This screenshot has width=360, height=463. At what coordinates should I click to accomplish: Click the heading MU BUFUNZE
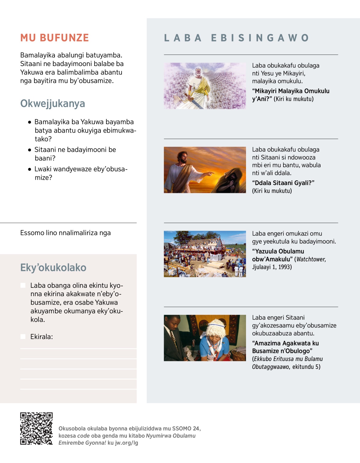point(55,38)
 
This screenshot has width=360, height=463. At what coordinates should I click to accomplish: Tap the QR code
point(36,428)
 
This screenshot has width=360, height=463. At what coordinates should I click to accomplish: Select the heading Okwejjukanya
point(52,104)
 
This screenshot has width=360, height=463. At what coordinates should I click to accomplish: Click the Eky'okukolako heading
point(53,267)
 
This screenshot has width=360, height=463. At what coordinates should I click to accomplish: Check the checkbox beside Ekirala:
point(23,337)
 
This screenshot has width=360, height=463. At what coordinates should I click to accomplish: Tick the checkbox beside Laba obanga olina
point(23,285)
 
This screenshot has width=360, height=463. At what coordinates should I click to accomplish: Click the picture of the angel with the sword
point(205,86)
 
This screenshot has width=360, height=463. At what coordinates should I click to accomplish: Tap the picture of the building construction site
point(205,254)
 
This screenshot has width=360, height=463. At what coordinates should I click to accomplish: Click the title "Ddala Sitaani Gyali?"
point(283,183)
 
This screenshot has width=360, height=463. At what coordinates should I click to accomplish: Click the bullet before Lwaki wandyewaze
point(29,169)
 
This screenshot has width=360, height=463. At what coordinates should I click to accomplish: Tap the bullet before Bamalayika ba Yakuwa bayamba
point(29,122)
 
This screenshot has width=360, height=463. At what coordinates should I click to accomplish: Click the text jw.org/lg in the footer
point(127,443)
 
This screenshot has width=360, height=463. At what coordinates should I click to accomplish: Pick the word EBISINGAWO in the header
point(260,38)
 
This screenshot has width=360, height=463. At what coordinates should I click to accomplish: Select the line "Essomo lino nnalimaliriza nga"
point(65,233)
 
